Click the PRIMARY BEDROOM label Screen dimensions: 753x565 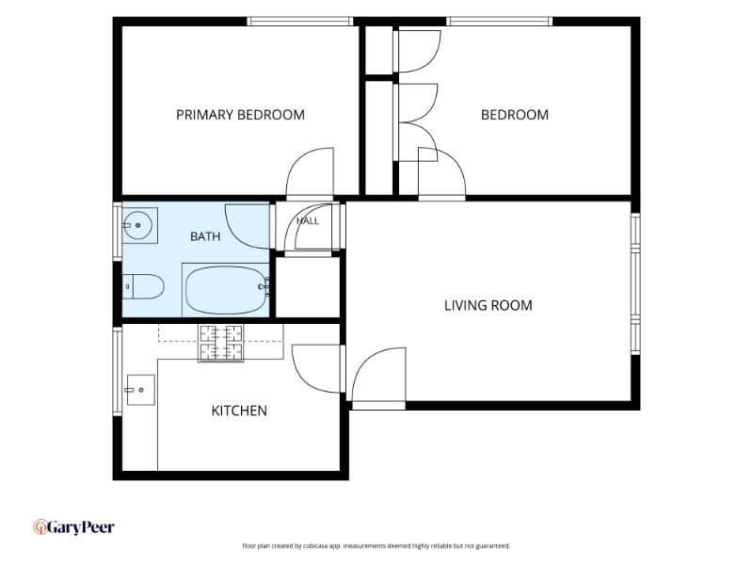pyautogui.click(x=240, y=115)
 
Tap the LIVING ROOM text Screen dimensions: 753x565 pyautogui.click(x=488, y=305)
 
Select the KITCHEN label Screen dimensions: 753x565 pyautogui.click(x=239, y=411)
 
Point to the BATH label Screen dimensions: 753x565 pyautogui.click(x=205, y=236)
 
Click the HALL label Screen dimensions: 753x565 pyautogui.click(x=308, y=221)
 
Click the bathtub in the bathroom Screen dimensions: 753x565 pyautogui.click(x=225, y=290)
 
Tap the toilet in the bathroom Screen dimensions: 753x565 pyautogui.click(x=143, y=286)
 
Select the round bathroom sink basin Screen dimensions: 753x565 pyautogui.click(x=137, y=225)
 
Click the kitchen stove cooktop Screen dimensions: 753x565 pyautogui.click(x=220, y=343)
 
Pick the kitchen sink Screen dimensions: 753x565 pyautogui.click(x=140, y=390)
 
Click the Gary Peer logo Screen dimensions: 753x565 pyautogui.click(x=74, y=527)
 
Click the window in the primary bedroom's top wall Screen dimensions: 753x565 pyautogui.click(x=300, y=21)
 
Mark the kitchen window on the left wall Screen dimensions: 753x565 pyautogui.click(x=117, y=371)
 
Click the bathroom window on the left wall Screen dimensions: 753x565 pyautogui.click(x=117, y=232)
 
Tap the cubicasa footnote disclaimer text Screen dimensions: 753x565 pyautogui.click(x=376, y=546)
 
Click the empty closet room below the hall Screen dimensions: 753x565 pyautogui.click(x=308, y=287)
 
